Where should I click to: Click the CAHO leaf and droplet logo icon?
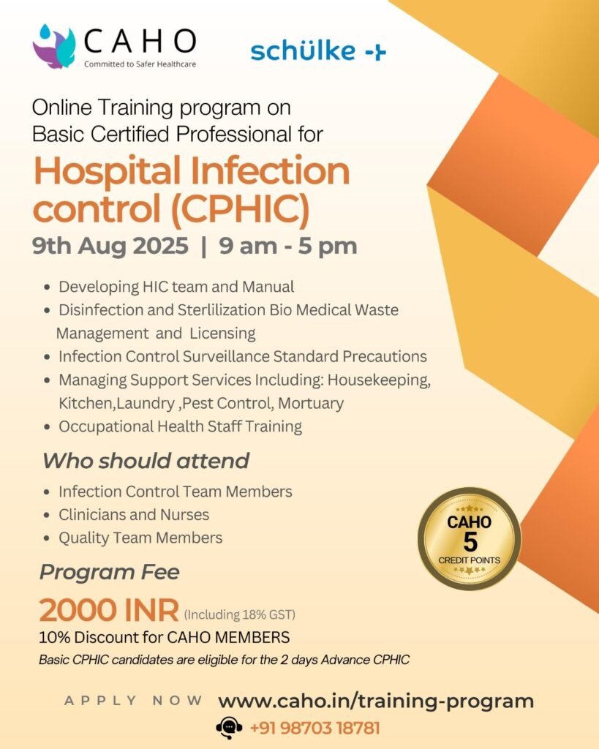point(54,46)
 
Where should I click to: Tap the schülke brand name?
point(303,50)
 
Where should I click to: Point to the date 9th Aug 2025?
point(110,246)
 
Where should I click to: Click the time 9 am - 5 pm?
point(288,246)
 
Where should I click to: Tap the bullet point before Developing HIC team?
point(47,287)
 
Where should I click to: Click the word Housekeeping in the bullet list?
point(379,380)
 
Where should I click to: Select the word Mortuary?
point(311,403)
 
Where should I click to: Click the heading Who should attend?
point(146,461)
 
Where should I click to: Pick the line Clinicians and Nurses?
point(134,514)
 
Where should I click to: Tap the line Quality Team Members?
point(140,538)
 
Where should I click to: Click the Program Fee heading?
point(110,572)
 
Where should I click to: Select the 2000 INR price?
point(109,610)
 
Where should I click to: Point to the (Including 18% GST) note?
point(240,614)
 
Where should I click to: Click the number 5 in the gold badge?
point(470,542)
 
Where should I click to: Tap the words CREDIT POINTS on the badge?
point(469,560)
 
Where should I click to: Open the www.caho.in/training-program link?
point(376,701)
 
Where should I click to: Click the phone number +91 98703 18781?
point(314,729)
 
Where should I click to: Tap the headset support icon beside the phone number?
point(229,729)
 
